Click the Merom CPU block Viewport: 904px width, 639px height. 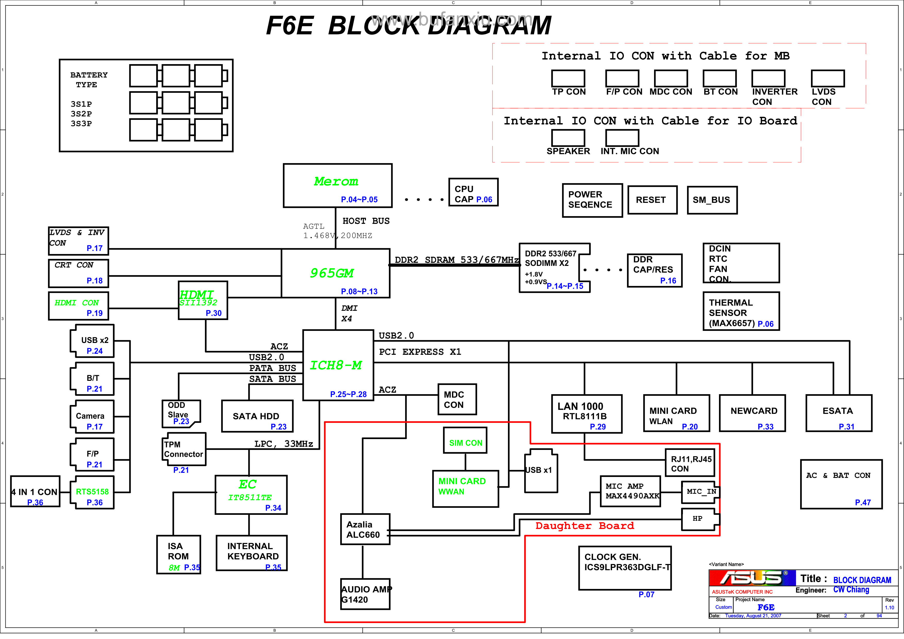337,186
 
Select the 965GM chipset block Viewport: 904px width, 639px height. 336,273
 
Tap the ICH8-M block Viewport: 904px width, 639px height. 338,365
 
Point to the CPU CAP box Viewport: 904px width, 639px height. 473,192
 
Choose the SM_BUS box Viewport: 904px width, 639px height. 712,200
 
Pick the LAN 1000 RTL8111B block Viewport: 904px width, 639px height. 587,414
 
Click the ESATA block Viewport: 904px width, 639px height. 839,413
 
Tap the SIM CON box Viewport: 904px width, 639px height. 465,441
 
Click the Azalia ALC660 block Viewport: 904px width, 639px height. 365,529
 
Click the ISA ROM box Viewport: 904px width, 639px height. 178,554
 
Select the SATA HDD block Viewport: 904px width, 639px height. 257,416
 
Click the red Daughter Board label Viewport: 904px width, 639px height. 585,526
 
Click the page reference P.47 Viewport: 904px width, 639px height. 863,502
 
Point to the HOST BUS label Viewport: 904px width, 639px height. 366,221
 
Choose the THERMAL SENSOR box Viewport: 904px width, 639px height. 741,311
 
